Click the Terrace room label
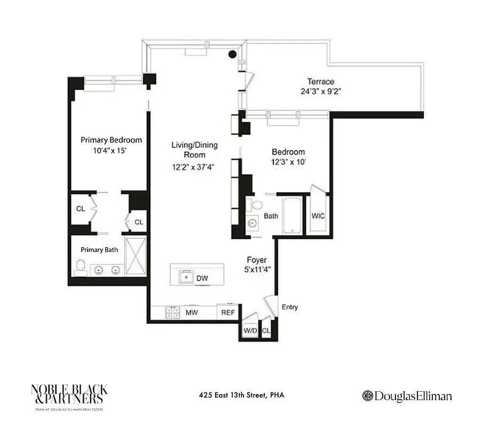point(320,82)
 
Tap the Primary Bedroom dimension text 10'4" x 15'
point(111,151)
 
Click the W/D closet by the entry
point(249,330)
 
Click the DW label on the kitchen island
point(202,278)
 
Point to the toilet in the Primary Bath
point(80,267)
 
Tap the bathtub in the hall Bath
point(292,215)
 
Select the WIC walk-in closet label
point(318,216)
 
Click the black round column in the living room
point(233,54)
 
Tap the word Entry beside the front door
point(289,307)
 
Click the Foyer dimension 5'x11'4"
point(256,270)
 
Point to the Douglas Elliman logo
point(407,396)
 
